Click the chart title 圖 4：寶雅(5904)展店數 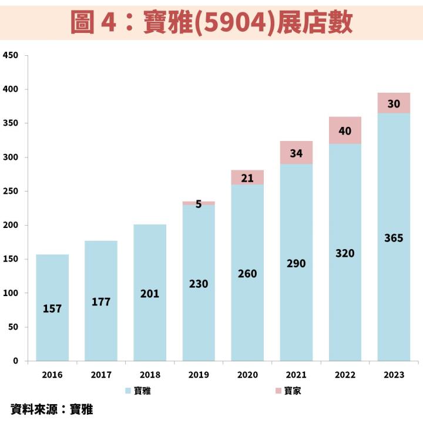pos(211,22)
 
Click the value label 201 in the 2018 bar pos(150,294)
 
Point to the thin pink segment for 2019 pos(199,203)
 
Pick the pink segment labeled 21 pos(247,177)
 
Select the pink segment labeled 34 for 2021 pos(296,153)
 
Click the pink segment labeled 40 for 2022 pos(345,130)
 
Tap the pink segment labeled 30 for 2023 pos(394,103)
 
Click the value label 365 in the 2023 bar pos(394,239)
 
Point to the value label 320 pos(345,253)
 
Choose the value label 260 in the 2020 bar pos(247,274)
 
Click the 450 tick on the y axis pos(11,56)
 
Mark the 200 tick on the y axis pos(11,226)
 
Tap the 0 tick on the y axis pos(16,361)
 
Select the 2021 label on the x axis pos(296,375)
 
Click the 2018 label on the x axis pos(150,375)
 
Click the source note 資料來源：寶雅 pos(52,409)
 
